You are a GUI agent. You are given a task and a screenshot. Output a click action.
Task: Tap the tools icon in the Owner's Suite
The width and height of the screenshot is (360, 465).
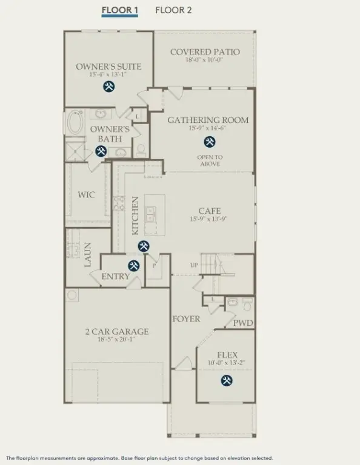point(108,87)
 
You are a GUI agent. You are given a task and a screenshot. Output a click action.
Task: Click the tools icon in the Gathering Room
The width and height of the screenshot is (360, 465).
point(210,142)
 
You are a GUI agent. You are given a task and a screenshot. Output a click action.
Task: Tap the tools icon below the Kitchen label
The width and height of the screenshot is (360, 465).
point(144,246)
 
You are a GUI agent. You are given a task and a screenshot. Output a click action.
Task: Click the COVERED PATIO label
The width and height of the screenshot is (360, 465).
point(205,52)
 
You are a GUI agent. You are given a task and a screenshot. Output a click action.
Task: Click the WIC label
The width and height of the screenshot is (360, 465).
point(86,196)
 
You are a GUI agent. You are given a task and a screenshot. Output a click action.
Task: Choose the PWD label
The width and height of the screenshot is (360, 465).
point(243,323)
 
